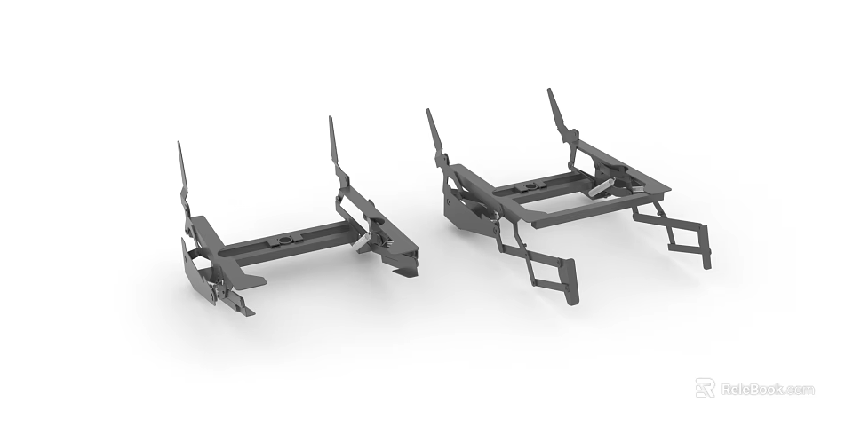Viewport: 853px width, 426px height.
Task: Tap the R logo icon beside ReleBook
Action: [705, 388]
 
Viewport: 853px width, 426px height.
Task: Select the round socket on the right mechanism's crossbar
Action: [530, 186]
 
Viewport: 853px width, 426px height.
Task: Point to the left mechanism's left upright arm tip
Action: [179, 144]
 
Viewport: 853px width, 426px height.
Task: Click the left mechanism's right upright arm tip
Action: [331, 119]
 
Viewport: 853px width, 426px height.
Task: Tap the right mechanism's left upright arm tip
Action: [428, 113]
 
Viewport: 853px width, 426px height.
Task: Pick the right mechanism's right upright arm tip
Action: [549, 91]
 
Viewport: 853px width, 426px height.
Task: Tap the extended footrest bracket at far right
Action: [706, 253]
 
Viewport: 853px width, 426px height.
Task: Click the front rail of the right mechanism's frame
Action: [578, 212]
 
